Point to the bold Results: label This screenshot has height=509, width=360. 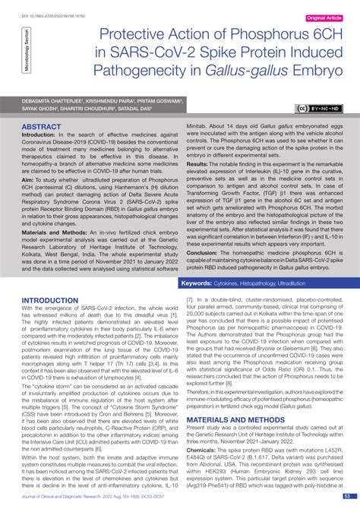click(x=197, y=164)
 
